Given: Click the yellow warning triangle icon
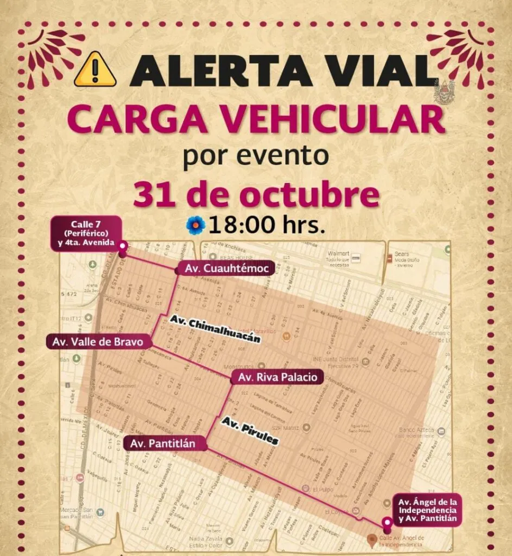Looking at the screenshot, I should point(95,69).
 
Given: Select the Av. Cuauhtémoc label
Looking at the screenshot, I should point(212,268).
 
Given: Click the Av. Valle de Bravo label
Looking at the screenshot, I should point(98,342).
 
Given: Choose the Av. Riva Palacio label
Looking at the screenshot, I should point(277,377).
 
